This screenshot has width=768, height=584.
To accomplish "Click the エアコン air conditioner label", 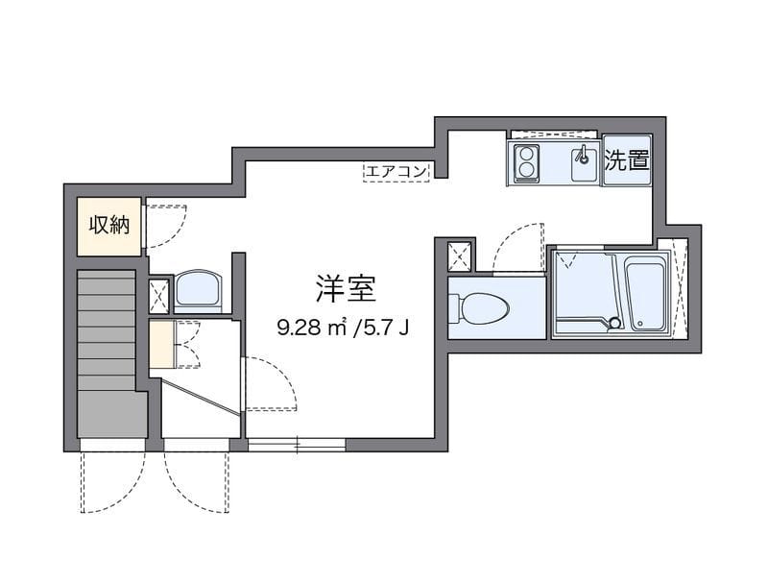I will point(396,171).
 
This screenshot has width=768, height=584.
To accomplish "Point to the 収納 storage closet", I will point(109,226).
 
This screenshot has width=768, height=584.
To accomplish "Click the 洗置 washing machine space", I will point(626,161).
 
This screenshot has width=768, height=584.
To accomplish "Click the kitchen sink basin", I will point(582,164).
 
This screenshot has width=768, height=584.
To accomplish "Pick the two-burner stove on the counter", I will point(526,163).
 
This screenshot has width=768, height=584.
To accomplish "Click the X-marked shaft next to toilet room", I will point(460,255).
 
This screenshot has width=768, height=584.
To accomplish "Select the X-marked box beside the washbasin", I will point(159,295).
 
